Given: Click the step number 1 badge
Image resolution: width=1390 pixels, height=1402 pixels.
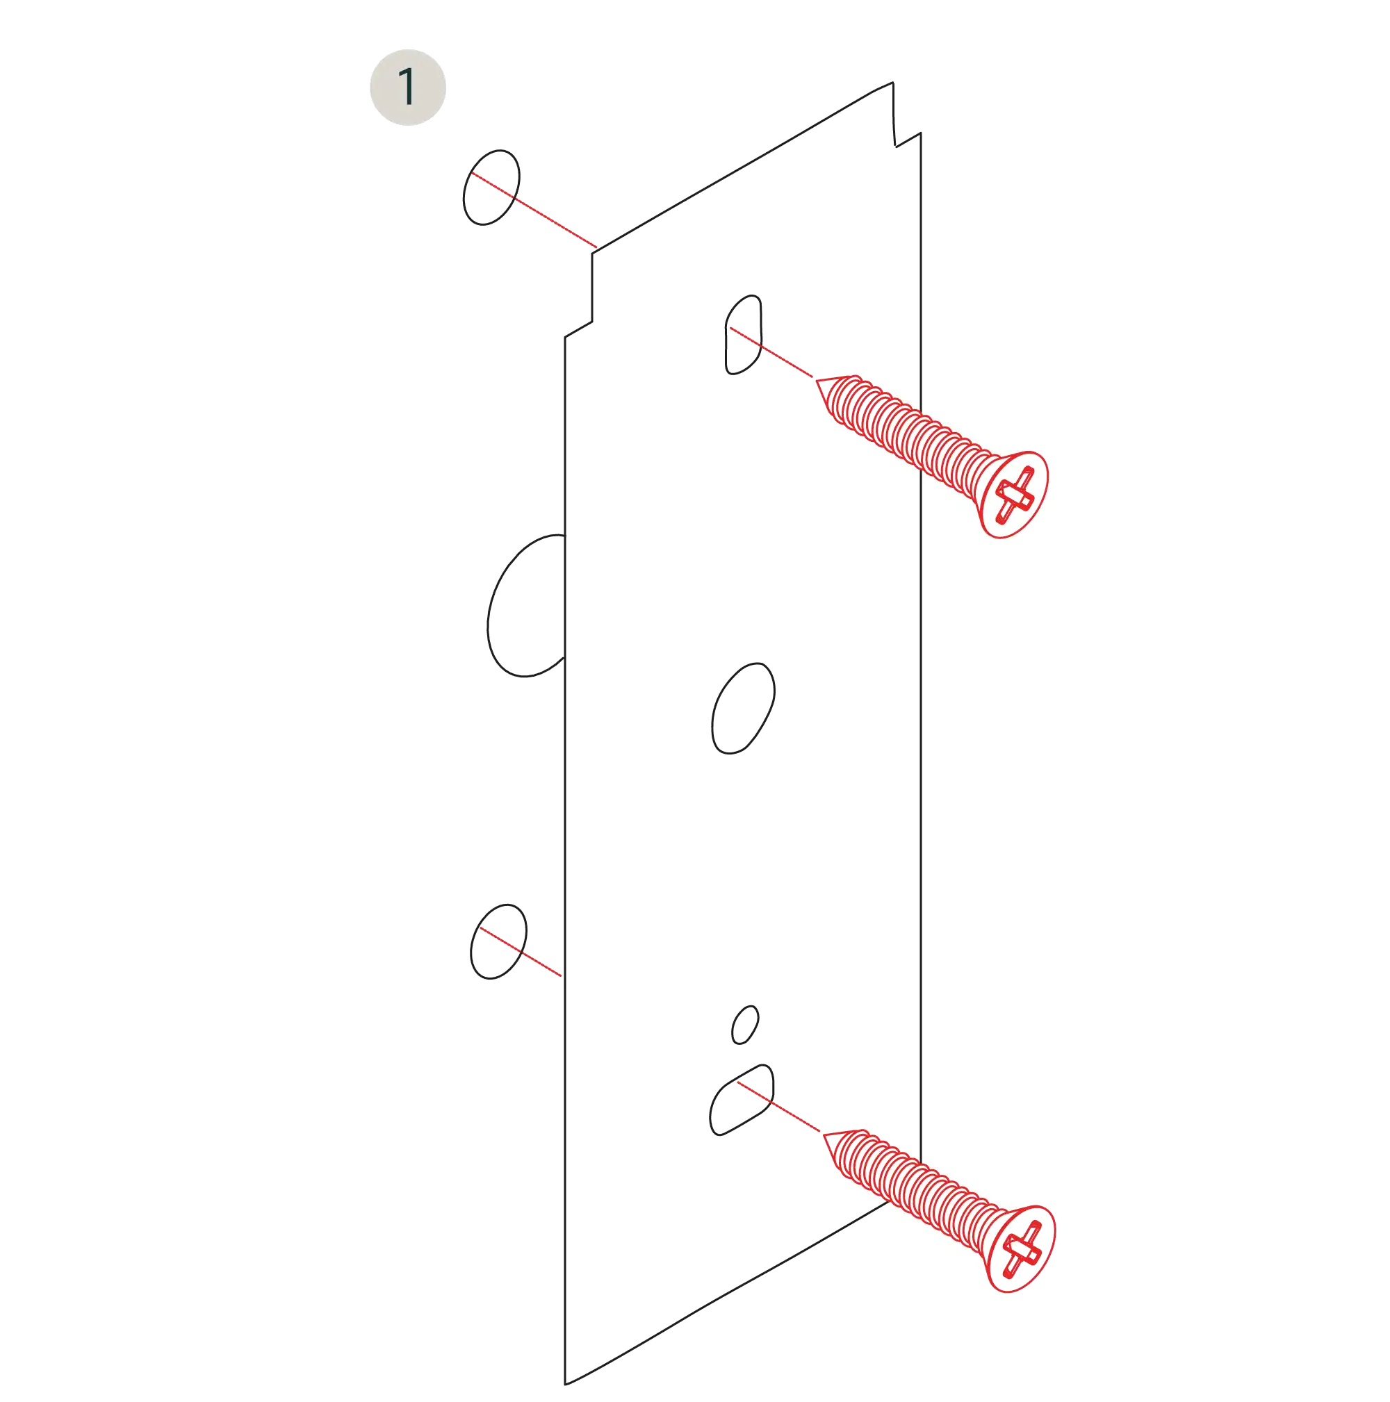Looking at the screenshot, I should coord(408,86).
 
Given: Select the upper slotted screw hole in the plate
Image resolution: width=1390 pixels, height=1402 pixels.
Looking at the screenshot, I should coord(743,336).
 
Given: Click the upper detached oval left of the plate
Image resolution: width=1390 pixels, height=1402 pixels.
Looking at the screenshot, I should coord(491,186).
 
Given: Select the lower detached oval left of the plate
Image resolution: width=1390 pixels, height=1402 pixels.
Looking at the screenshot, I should coord(497,941).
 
